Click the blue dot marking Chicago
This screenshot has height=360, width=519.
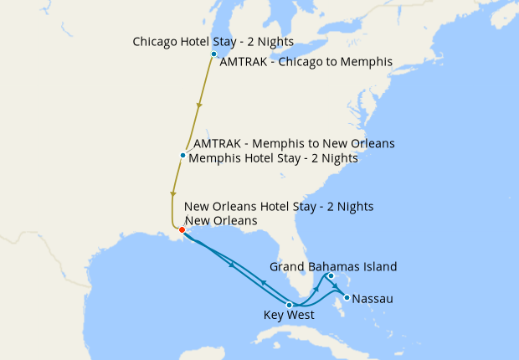point(214,54)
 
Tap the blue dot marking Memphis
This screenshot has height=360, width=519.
point(182,156)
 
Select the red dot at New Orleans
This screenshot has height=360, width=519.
point(182,229)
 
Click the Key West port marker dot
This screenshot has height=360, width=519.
point(289,305)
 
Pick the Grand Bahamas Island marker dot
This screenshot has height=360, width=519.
point(331,276)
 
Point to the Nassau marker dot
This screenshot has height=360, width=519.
point(347,296)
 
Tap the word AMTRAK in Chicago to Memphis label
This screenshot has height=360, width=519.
point(244,61)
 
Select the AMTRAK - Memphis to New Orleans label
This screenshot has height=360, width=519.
point(294,143)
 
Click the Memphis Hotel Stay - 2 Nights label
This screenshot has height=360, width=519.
point(274,158)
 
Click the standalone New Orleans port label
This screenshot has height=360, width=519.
point(220,220)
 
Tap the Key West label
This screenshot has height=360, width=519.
point(289,316)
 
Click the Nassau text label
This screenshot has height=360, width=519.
point(373,298)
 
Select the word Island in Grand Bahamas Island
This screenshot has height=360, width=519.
point(379,266)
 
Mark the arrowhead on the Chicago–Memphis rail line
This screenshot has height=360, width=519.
point(199,106)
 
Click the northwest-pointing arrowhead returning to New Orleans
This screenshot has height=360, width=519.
point(264,283)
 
